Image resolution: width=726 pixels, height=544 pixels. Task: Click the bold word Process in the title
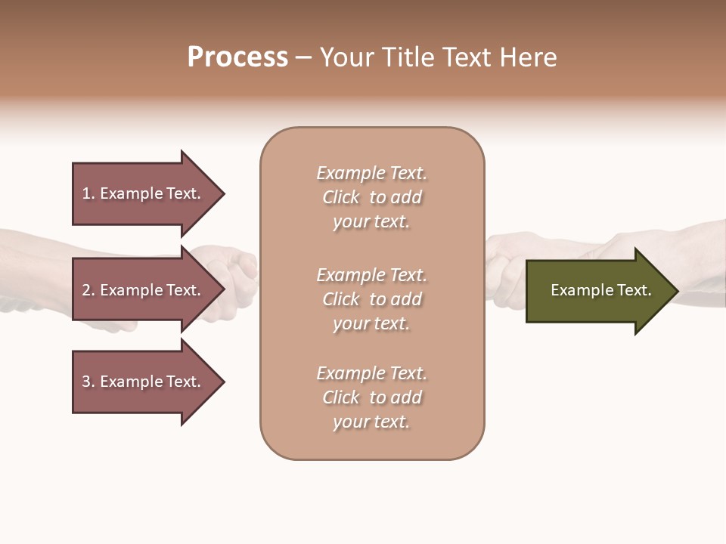[237, 57]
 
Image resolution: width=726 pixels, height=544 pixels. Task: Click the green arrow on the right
[597, 291]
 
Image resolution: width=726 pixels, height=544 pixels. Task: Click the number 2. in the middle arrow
[88, 290]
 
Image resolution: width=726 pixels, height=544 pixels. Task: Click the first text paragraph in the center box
[371, 197]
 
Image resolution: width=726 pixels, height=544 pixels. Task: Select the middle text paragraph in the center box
[371, 299]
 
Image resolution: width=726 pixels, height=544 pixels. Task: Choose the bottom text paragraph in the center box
[371, 397]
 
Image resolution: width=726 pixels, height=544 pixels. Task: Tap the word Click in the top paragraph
[340, 197]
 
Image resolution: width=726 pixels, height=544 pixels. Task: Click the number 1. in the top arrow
[88, 193]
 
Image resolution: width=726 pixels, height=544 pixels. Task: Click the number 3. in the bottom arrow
[88, 382]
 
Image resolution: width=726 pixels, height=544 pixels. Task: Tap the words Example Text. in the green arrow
[600, 290]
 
